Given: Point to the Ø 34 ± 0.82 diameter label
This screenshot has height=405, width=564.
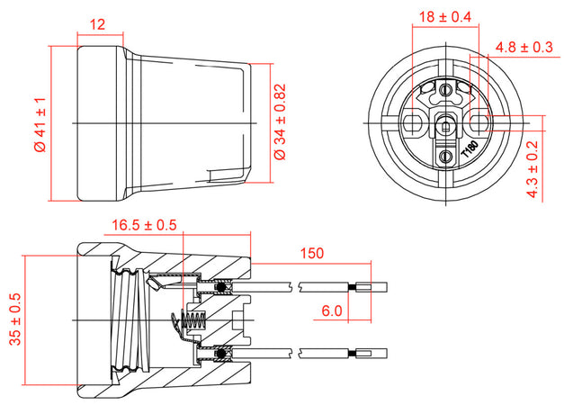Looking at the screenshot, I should point(280,122).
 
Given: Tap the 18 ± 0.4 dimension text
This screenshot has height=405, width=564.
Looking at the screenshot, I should point(447,16).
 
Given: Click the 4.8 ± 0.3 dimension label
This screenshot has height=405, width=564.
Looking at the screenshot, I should point(524,48).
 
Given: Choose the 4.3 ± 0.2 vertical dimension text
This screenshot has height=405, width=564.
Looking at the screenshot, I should point(532,169).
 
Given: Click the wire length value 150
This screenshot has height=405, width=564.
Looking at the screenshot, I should point(312,255).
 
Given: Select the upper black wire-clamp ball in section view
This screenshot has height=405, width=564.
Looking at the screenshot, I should point(222,288).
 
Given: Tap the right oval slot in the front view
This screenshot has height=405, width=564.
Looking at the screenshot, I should point(479,120).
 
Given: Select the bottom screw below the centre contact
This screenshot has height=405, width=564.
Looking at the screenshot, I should point(443,156).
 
